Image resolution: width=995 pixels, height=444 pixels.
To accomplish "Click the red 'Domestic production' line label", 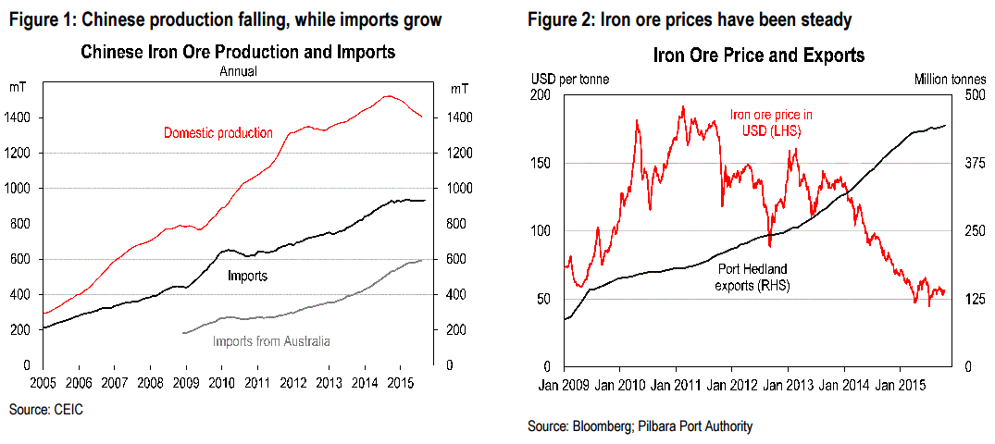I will tap(218, 133).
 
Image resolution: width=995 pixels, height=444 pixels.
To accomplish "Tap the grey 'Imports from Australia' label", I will tap(271, 340).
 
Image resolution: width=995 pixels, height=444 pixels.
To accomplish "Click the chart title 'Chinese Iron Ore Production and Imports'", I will tap(238, 53).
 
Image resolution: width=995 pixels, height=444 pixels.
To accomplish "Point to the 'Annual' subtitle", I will tap(238, 71).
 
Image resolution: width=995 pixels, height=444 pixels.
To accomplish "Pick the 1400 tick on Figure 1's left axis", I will tap(22, 117).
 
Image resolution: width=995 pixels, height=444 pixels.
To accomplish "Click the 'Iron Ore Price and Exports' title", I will tap(758, 55).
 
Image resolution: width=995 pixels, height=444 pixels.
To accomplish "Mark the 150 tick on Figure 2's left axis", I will tap(541, 163).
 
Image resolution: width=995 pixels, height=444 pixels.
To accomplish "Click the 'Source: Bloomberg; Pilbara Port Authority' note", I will tap(640, 426).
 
